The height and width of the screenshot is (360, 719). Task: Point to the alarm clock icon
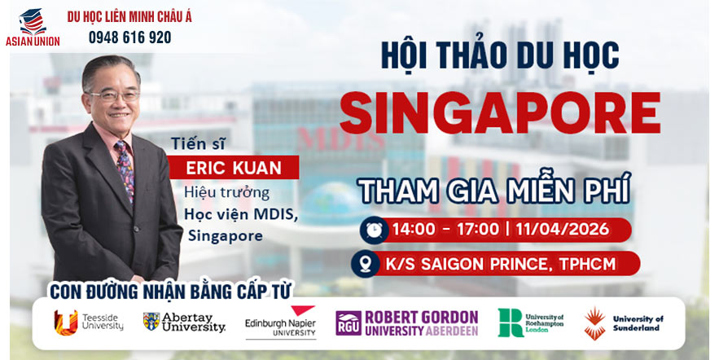tap(375, 229)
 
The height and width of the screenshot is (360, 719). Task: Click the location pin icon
tap(366, 263)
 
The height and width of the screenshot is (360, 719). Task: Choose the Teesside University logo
tap(88, 321)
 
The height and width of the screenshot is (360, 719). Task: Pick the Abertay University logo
tap(184, 322)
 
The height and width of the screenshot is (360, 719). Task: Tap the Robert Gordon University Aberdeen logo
tap(406, 323)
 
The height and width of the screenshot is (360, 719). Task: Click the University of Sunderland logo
tap(623, 323)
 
